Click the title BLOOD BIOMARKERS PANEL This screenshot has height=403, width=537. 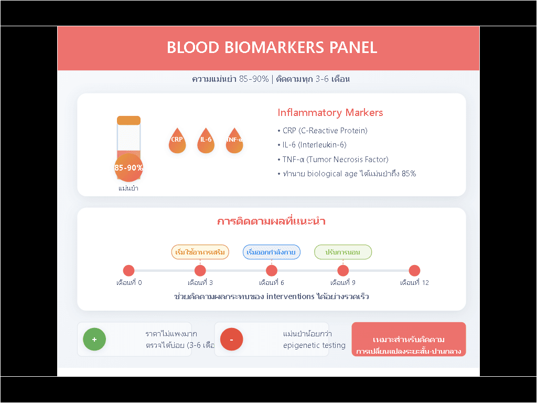272,47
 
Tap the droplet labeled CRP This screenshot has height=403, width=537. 177,141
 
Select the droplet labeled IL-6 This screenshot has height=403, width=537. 206,141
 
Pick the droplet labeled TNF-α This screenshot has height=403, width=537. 234,141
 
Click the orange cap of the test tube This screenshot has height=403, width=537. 128,120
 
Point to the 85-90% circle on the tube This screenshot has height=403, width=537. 128,167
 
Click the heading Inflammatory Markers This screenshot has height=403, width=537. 330,112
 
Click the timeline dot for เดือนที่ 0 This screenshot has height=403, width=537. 129,271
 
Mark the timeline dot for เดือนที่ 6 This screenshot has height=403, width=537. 272,271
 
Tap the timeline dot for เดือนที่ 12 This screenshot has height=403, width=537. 414,271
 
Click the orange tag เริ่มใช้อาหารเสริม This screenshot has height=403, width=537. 200,252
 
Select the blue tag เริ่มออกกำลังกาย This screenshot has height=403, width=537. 272,252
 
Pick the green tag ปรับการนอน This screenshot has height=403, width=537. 343,252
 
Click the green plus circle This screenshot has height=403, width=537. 94,339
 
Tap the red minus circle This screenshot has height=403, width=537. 231,339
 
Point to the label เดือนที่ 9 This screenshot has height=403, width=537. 343,282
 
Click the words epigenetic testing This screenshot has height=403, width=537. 314,345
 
